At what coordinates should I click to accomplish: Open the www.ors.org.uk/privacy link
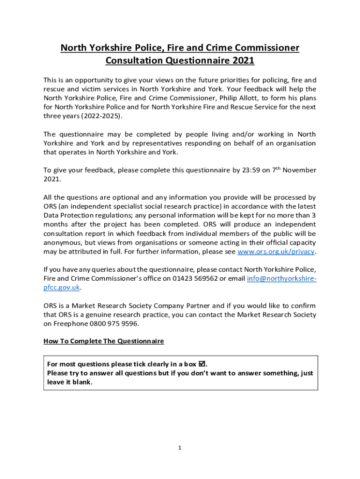[276, 251]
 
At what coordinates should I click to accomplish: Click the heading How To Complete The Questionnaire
[104, 341]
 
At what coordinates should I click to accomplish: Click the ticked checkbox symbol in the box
[202, 364]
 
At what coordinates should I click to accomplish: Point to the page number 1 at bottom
[180, 448]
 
